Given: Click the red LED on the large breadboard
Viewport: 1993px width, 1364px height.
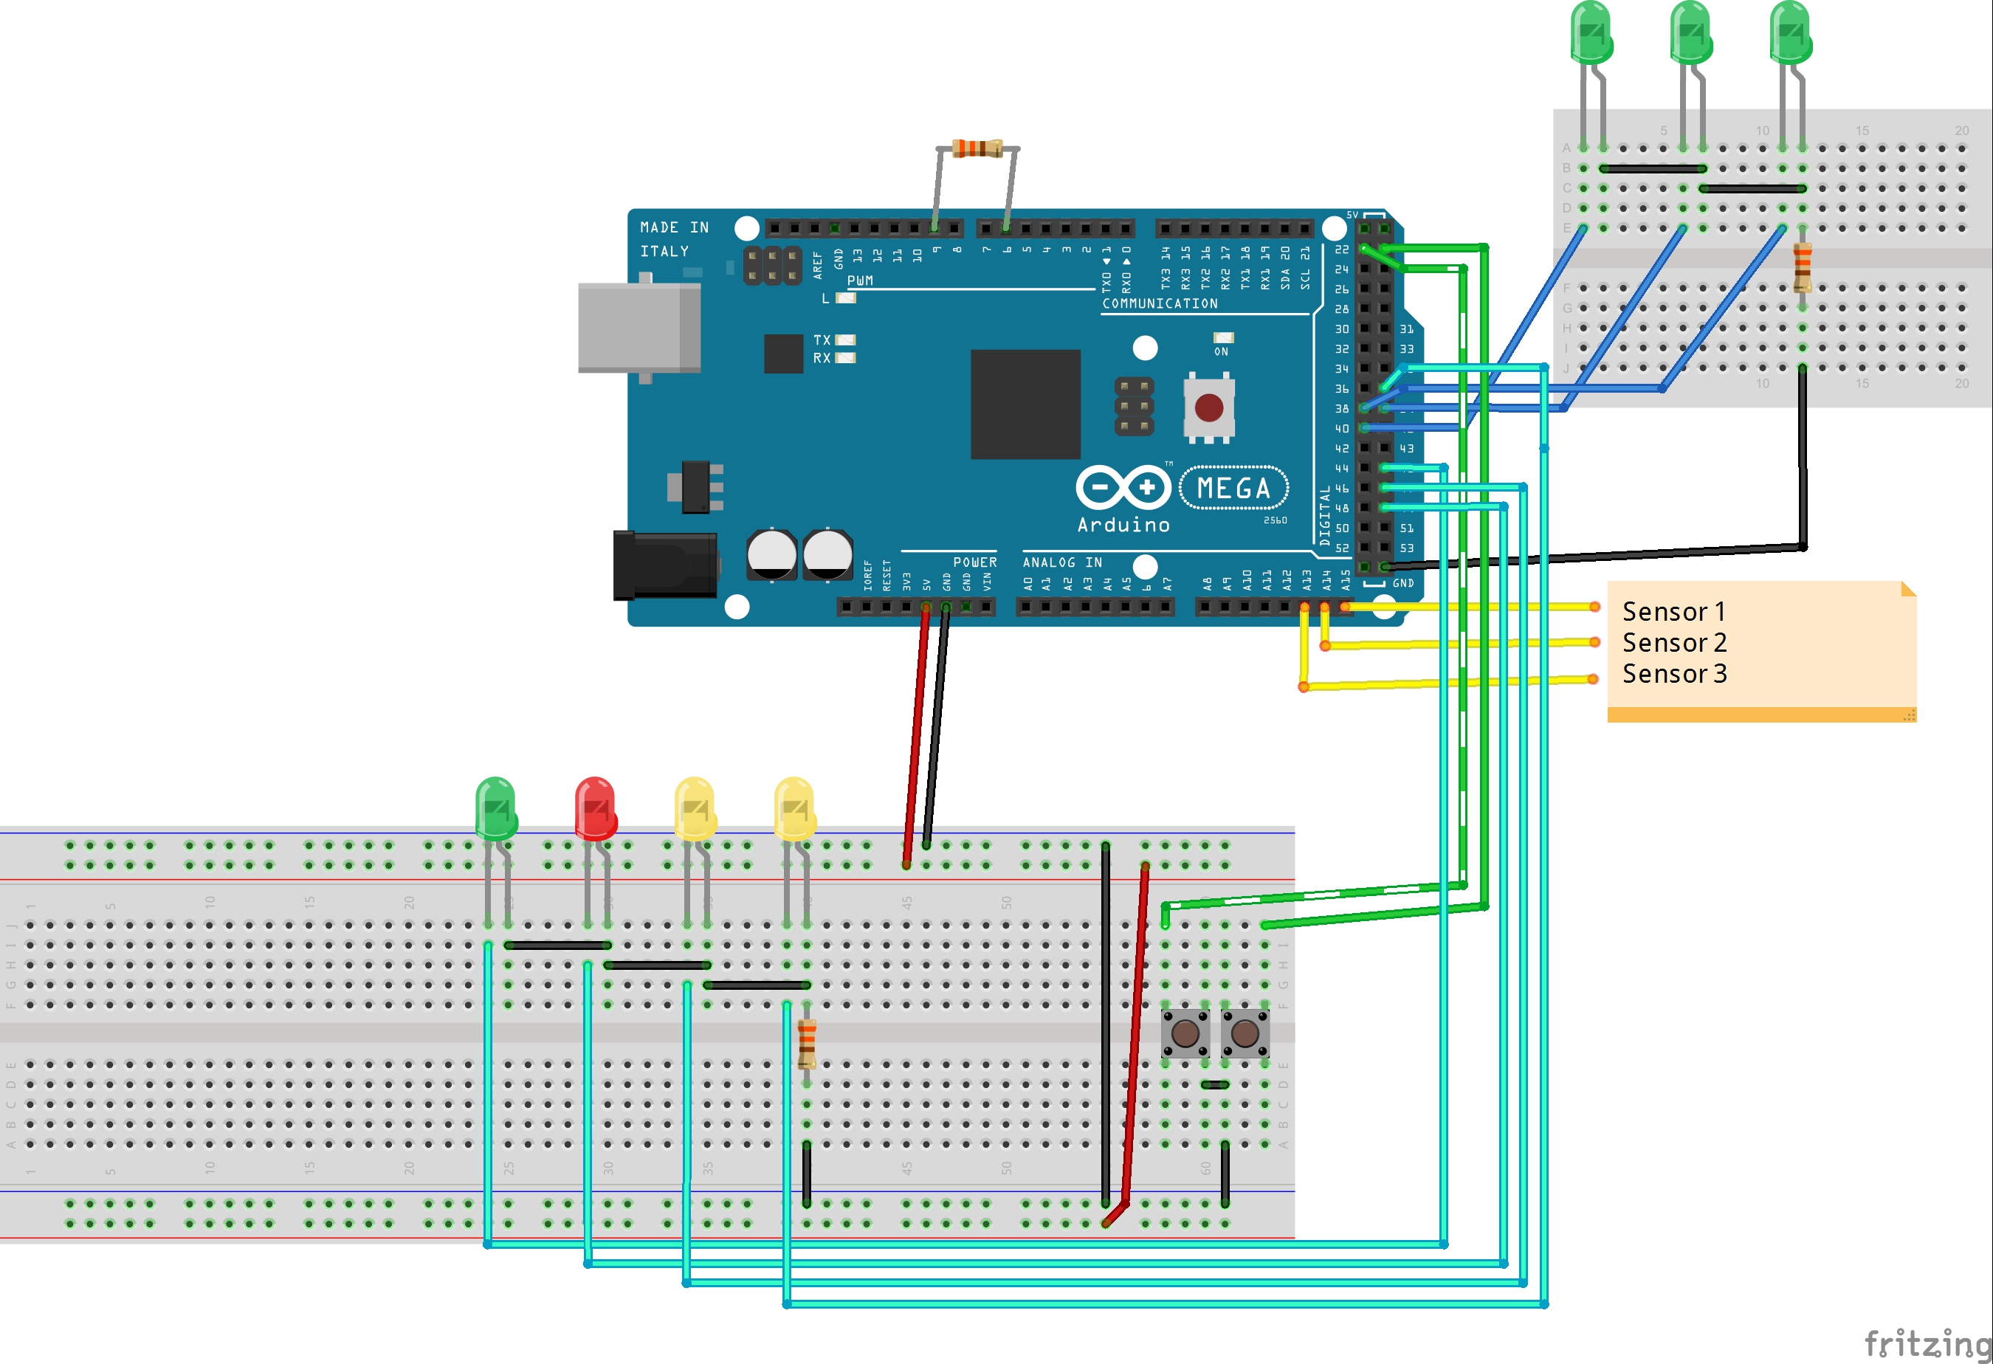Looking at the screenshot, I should click(595, 808).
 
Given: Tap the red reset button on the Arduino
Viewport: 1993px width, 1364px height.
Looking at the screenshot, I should click(1209, 408).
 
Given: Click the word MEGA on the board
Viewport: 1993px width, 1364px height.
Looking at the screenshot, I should click(1233, 489).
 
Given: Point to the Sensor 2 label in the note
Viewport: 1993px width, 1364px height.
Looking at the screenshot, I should click(1674, 643).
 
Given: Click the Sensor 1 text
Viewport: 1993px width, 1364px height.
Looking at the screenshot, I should click(1673, 612).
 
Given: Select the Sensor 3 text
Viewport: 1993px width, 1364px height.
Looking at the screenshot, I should click(1674, 674).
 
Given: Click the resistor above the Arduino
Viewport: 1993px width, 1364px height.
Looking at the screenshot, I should click(977, 148).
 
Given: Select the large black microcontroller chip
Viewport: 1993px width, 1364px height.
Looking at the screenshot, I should click(1025, 404).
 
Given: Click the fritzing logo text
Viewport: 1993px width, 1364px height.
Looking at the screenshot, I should click(1926, 1343).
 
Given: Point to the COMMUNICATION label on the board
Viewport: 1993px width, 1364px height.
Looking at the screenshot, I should click(1160, 303).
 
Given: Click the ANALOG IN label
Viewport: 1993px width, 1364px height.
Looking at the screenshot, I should click(1061, 562).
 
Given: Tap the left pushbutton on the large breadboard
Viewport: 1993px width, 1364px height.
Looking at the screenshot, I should click(1185, 1033).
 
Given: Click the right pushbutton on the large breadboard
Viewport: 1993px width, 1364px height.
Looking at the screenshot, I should click(1245, 1033).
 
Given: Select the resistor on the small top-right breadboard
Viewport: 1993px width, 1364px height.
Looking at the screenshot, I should click(1802, 266).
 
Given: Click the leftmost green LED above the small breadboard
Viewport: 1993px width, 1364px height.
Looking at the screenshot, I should click(1591, 34).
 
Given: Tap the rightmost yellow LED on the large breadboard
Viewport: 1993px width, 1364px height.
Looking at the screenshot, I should click(794, 808).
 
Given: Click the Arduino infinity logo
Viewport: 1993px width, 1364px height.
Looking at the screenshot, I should click(1123, 489).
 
